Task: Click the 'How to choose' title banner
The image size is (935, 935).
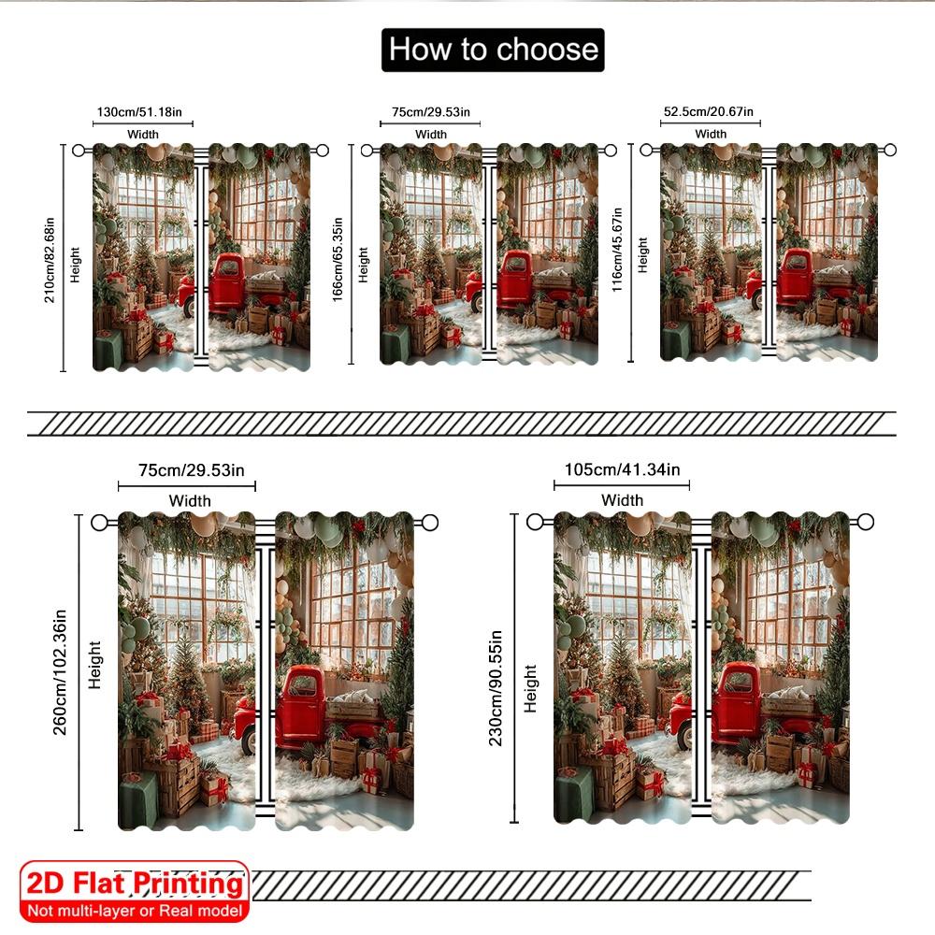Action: point(493,50)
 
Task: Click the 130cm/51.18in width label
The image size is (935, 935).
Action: point(144,113)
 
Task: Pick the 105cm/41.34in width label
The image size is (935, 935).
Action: point(622,468)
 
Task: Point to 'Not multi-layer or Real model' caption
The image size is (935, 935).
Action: point(136,910)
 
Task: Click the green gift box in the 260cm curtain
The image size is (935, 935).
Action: point(138,800)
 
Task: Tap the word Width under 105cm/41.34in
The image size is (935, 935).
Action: point(622,500)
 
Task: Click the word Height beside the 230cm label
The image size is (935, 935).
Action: point(531,689)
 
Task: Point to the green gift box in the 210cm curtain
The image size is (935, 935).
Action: point(108,350)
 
